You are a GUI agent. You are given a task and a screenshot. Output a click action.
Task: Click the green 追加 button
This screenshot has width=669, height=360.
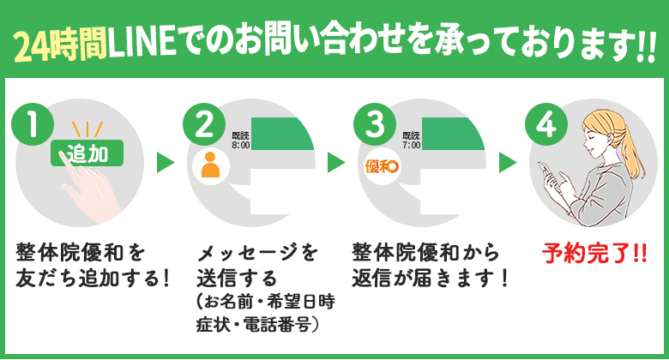pos(87,155)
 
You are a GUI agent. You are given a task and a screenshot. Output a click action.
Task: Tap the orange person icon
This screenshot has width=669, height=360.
pos(210,164)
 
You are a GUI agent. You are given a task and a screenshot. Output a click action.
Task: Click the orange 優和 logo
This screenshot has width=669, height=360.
pos(381,165)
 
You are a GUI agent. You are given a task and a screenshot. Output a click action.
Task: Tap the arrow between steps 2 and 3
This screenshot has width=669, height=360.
pos(335,163)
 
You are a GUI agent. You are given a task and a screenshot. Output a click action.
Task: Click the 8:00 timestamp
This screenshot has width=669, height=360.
pos(240,146)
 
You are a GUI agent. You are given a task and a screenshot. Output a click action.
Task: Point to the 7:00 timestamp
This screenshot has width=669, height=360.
pos(411,146)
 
